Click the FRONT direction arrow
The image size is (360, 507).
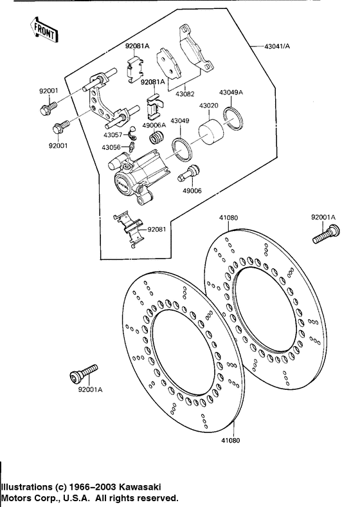(44, 30)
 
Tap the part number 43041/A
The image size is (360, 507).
(277, 46)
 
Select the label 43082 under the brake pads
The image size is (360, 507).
(185, 95)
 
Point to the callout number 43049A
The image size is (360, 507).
(231, 93)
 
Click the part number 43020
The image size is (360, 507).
(208, 106)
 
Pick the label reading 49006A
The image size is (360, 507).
(154, 125)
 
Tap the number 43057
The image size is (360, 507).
(113, 135)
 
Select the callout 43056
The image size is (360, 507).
(111, 147)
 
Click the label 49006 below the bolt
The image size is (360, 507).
(192, 191)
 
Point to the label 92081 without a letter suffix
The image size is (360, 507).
(157, 230)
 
